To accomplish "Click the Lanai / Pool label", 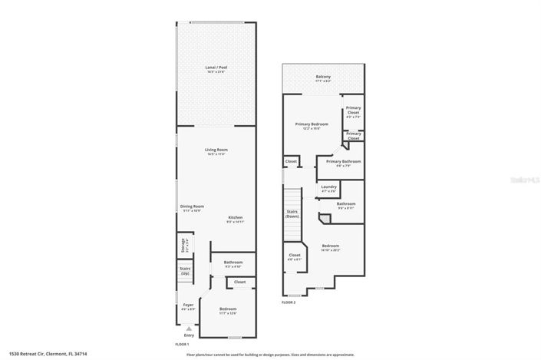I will (x=216, y=69).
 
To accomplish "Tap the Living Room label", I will (x=216, y=151).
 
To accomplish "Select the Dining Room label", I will (x=192, y=207).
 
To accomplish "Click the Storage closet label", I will (x=183, y=246).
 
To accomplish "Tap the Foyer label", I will (x=188, y=306).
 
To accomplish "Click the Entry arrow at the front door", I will (x=188, y=329).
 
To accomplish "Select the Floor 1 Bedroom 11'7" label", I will (x=228, y=309).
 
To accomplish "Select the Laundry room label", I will (x=330, y=188).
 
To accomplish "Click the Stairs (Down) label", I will (x=292, y=214).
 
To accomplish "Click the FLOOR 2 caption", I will (x=289, y=302).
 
